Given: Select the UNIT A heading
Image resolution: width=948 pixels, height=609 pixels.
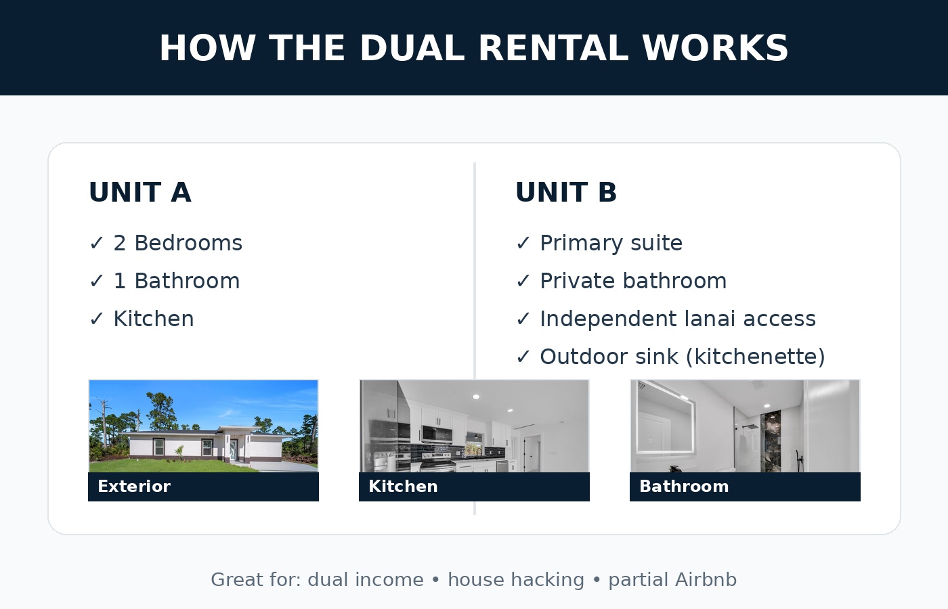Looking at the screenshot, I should (x=140, y=193).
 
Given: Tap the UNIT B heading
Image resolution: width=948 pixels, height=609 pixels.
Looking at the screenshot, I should (x=566, y=193).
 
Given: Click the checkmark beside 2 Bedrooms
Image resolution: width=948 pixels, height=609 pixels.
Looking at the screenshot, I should (x=97, y=243).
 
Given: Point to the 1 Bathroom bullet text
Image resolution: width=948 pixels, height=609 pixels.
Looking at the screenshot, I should (x=176, y=281).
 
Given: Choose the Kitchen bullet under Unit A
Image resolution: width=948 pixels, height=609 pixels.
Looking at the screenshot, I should (x=153, y=319).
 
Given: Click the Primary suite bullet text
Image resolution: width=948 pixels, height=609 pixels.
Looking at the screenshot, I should (x=611, y=243).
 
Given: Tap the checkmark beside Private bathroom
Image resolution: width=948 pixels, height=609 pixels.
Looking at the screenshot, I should (x=523, y=281).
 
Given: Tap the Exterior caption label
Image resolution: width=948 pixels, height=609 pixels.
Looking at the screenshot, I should (x=134, y=487).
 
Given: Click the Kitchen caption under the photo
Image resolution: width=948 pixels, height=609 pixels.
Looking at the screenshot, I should (x=403, y=487).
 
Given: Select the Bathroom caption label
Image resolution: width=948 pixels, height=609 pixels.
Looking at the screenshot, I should (x=684, y=487).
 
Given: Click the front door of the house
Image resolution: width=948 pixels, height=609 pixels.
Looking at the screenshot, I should (x=234, y=450).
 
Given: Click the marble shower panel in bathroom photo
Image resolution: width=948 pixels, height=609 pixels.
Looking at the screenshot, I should (x=771, y=440).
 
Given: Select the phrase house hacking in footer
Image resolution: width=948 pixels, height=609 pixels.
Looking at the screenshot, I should (x=515, y=580).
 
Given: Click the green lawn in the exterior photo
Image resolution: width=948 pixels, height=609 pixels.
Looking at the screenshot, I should (x=169, y=465).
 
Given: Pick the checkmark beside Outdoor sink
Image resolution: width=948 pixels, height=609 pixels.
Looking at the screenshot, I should (x=523, y=357).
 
